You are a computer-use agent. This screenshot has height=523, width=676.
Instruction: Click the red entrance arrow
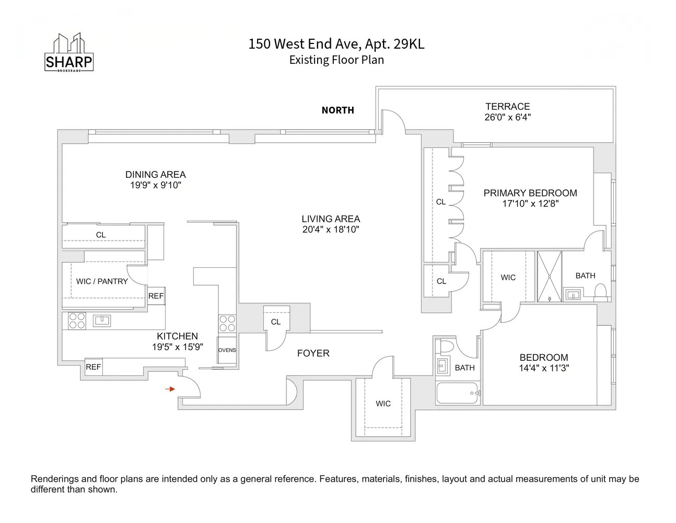pos(170,389)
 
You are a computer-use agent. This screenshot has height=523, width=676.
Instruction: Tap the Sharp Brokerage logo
pos(69,53)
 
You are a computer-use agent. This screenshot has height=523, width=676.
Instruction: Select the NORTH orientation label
pos(337,110)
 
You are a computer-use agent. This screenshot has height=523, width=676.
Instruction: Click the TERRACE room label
pos(507,106)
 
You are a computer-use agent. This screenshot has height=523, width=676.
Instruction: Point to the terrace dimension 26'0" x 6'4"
pos(507,118)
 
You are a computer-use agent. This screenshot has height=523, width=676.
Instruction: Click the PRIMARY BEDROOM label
pos(530,193)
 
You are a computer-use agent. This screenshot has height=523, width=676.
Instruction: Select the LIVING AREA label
pos(331,219)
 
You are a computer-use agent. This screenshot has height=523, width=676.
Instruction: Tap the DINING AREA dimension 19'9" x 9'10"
pos(156,185)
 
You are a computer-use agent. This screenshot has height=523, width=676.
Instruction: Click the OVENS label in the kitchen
pos(227,350)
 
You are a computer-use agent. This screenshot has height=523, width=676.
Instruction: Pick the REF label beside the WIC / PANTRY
pos(156,296)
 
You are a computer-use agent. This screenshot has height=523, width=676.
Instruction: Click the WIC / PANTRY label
pos(102,281)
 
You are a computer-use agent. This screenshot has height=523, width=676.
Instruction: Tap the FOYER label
pos(313,354)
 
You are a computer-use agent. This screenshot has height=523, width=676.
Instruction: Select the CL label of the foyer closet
pos(276,322)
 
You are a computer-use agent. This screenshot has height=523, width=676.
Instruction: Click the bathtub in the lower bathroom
pos(457,393)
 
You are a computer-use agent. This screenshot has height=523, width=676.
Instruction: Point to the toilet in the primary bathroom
pos(600,291)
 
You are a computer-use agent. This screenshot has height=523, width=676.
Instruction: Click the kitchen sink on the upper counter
pos(102,320)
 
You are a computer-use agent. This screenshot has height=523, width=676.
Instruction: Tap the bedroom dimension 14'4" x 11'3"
pos(544,368)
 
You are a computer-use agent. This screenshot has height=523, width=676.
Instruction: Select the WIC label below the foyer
pos(383,404)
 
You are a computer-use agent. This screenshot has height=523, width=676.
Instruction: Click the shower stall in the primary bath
pos(550,277)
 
